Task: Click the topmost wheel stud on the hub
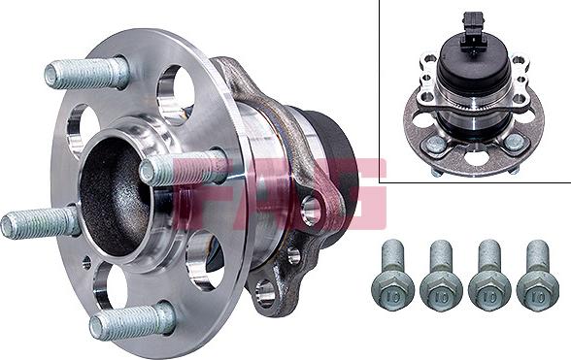pyautogui.click(x=87, y=73)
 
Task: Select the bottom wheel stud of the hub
pyautogui.click(x=131, y=321)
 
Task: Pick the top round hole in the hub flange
pyautogui.click(x=174, y=92)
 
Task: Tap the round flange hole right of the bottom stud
pyautogui.click(x=205, y=260)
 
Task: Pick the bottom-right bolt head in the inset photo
pyautogui.click(x=516, y=143)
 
